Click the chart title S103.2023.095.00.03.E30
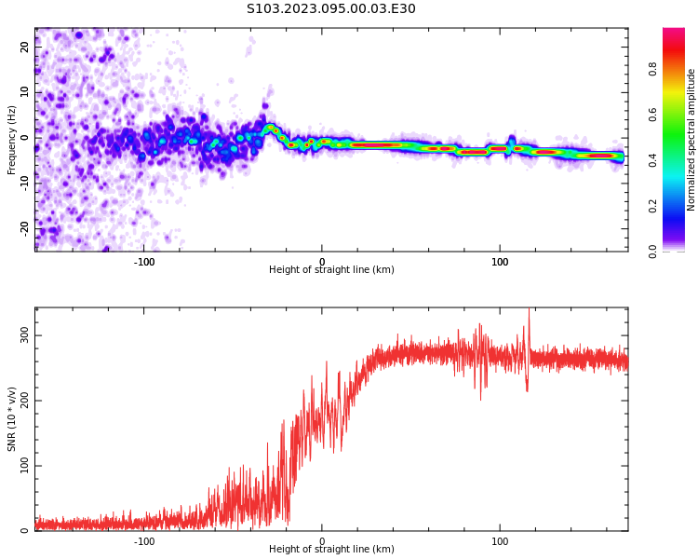click(330, 9)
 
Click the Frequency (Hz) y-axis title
click(12, 140)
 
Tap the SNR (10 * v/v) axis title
click(12, 419)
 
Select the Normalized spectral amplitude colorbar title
click(691, 140)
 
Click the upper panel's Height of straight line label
click(331, 270)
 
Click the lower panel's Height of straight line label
click(331, 550)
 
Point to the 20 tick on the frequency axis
click(25, 48)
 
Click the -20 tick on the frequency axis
click(25, 227)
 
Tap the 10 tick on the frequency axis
click(25, 92)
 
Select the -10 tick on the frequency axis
click(25, 183)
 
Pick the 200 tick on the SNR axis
click(25, 401)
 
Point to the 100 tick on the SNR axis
click(25, 466)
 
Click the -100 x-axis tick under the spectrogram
click(144, 262)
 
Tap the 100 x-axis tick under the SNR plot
click(500, 541)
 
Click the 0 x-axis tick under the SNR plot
click(322, 541)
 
